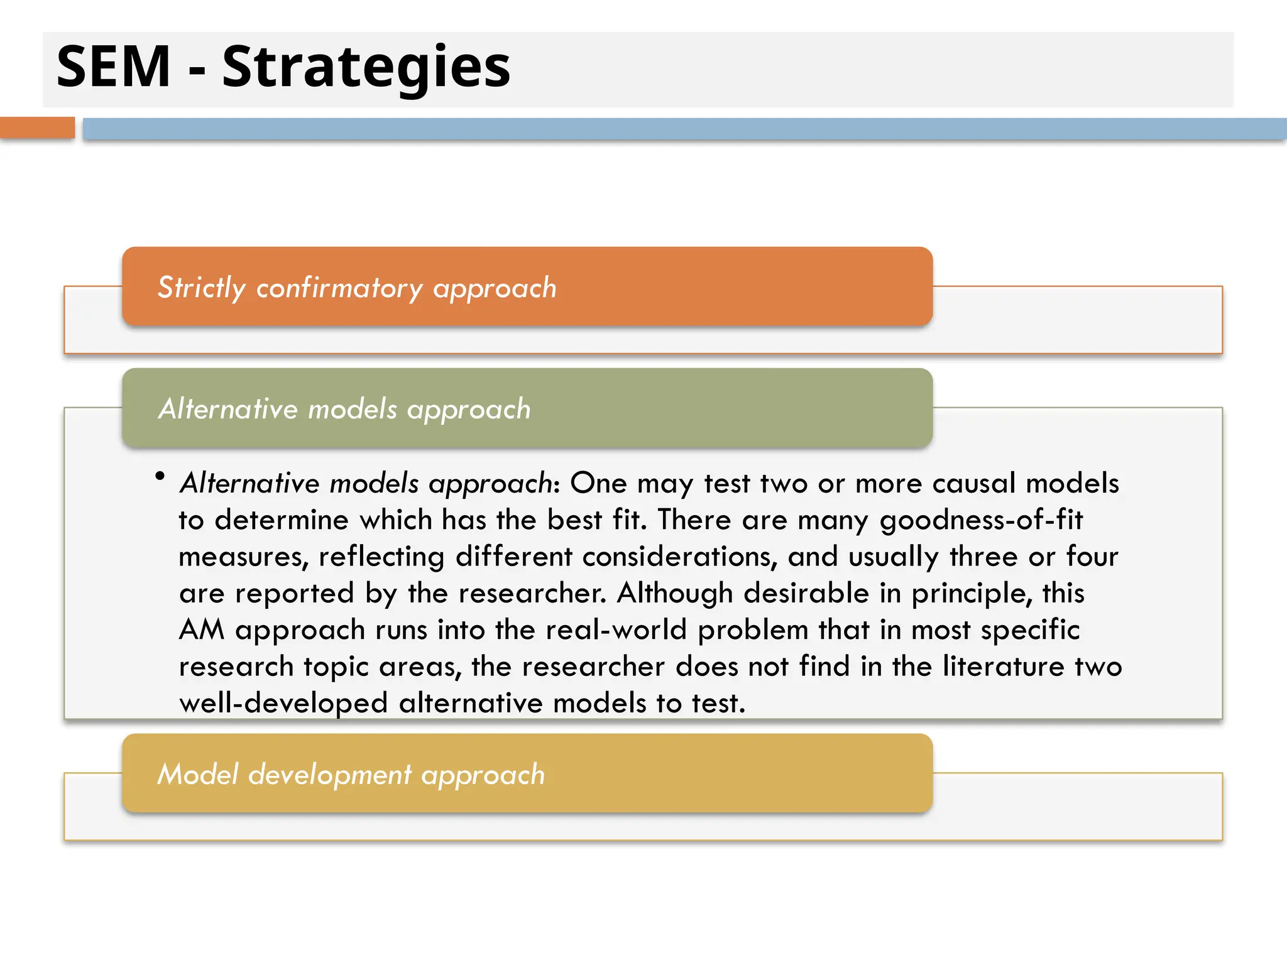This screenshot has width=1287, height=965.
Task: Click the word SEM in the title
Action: coord(113,67)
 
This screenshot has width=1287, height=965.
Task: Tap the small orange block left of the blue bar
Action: coord(37,128)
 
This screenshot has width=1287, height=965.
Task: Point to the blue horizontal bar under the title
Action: coord(684,129)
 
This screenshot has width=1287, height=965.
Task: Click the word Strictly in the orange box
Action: coord(201,288)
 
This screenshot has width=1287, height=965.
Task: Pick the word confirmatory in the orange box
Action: coord(339,288)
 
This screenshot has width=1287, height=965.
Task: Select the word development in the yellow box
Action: coord(329,775)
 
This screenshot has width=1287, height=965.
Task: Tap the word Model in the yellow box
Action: coord(198,774)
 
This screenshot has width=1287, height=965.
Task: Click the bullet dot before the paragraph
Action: coord(160,477)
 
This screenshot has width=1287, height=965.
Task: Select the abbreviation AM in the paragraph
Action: coord(202,630)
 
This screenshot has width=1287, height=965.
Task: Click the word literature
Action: coord(1003,667)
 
